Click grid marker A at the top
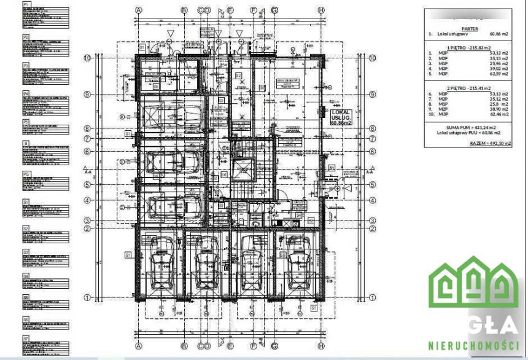point(139,10)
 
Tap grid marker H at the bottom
point(320,345)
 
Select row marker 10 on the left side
point(88,57)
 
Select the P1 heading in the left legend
point(26,4)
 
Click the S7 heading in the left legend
point(26,338)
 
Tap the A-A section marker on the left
point(88,173)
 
